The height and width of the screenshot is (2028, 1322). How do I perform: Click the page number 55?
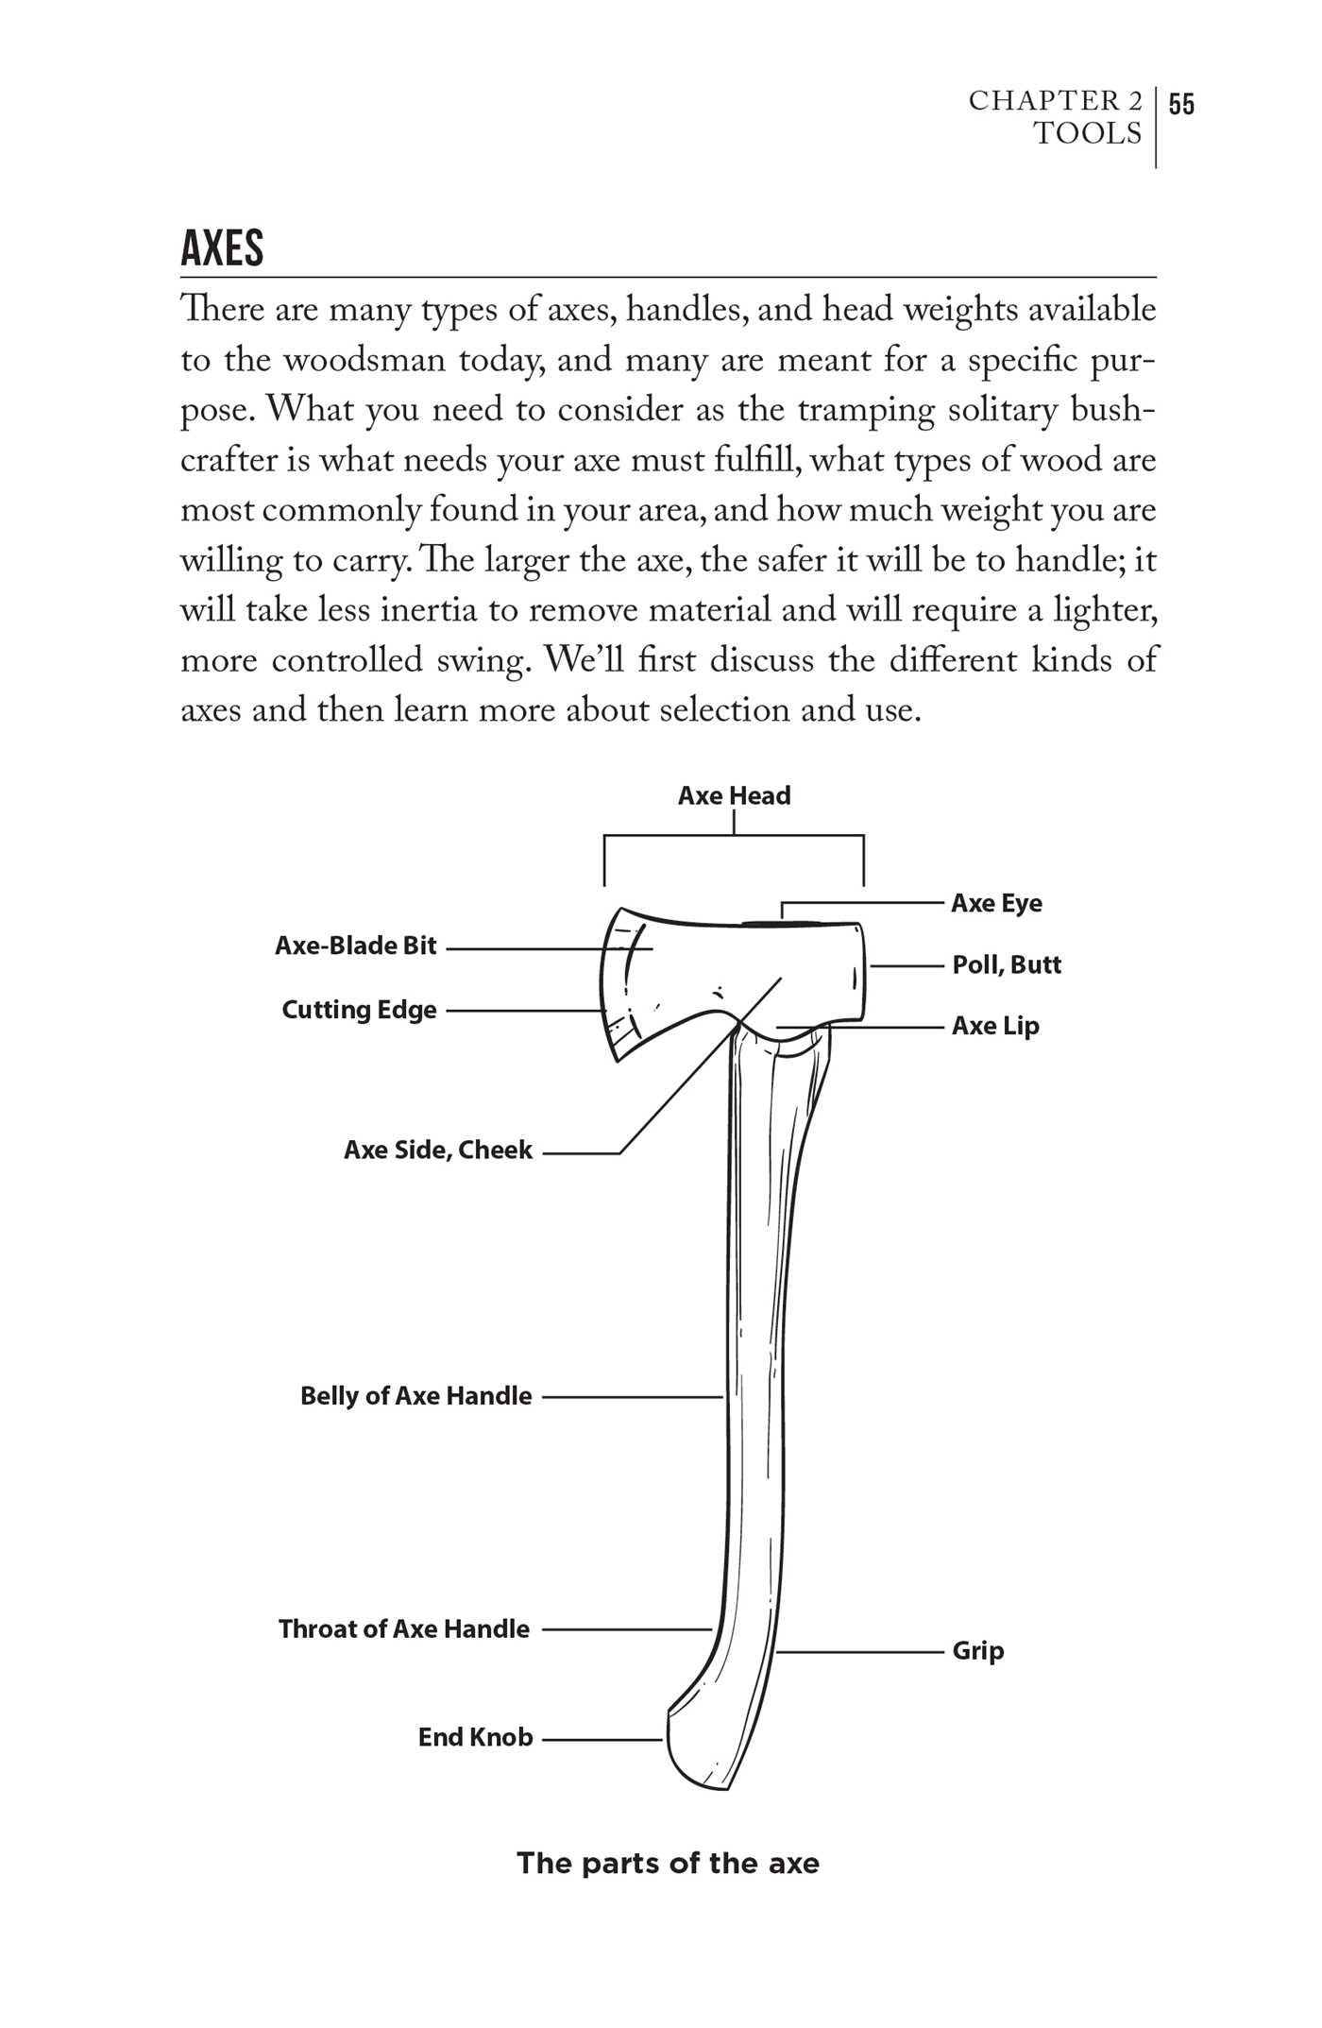click(1181, 103)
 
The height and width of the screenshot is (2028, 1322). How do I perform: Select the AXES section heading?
click(222, 248)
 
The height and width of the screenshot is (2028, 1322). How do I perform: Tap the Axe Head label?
click(734, 795)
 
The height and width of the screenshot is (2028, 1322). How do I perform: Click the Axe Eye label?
click(996, 903)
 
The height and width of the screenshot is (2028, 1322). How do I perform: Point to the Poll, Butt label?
click(1007, 964)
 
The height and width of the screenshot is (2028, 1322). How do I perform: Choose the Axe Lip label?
click(995, 1026)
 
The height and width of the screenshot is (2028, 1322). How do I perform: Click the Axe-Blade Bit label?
click(356, 946)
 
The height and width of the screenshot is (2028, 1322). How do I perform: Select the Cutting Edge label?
click(359, 1010)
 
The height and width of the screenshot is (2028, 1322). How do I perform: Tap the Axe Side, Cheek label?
click(438, 1150)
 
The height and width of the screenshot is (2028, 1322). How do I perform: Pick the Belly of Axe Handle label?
click(416, 1396)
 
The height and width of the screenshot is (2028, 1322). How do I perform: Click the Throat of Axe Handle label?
click(404, 1628)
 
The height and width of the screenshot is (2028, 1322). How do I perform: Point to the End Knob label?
click(476, 1737)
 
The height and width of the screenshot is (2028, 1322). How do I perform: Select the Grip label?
click(977, 1651)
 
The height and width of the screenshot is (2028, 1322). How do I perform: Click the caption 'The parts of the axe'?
click(668, 1864)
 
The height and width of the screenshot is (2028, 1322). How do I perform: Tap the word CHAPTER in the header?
click(1042, 101)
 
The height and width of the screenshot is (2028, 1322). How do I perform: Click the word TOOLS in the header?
click(1087, 134)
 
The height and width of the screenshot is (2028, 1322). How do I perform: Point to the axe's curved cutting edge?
click(605, 992)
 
